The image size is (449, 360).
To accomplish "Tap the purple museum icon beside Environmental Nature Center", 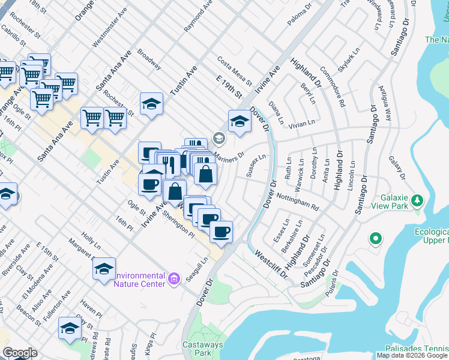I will (x=175, y=278).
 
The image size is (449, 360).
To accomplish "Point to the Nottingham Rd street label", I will (x=298, y=201).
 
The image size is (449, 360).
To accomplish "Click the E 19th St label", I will (x=228, y=87).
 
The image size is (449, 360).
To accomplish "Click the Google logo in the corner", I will (x=20, y=353).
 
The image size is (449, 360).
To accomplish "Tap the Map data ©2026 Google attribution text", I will (x=412, y=355).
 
